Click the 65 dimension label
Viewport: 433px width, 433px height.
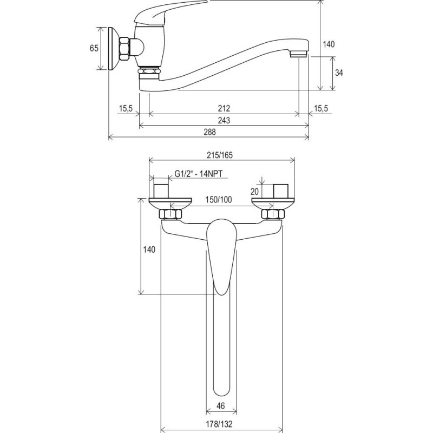click(x=94, y=48)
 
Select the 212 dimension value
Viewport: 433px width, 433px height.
click(x=224, y=108)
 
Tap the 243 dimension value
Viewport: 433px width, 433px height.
click(x=224, y=120)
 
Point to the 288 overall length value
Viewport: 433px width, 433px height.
click(x=210, y=132)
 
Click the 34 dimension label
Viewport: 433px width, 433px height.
click(x=339, y=73)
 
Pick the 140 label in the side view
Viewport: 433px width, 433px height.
click(x=329, y=44)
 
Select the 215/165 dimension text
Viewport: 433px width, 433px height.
click(x=220, y=155)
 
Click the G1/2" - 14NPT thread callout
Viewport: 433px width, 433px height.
click(x=199, y=174)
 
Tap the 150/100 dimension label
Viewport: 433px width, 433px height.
click(x=219, y=199)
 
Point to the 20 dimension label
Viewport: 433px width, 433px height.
click(x=254, y=192)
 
